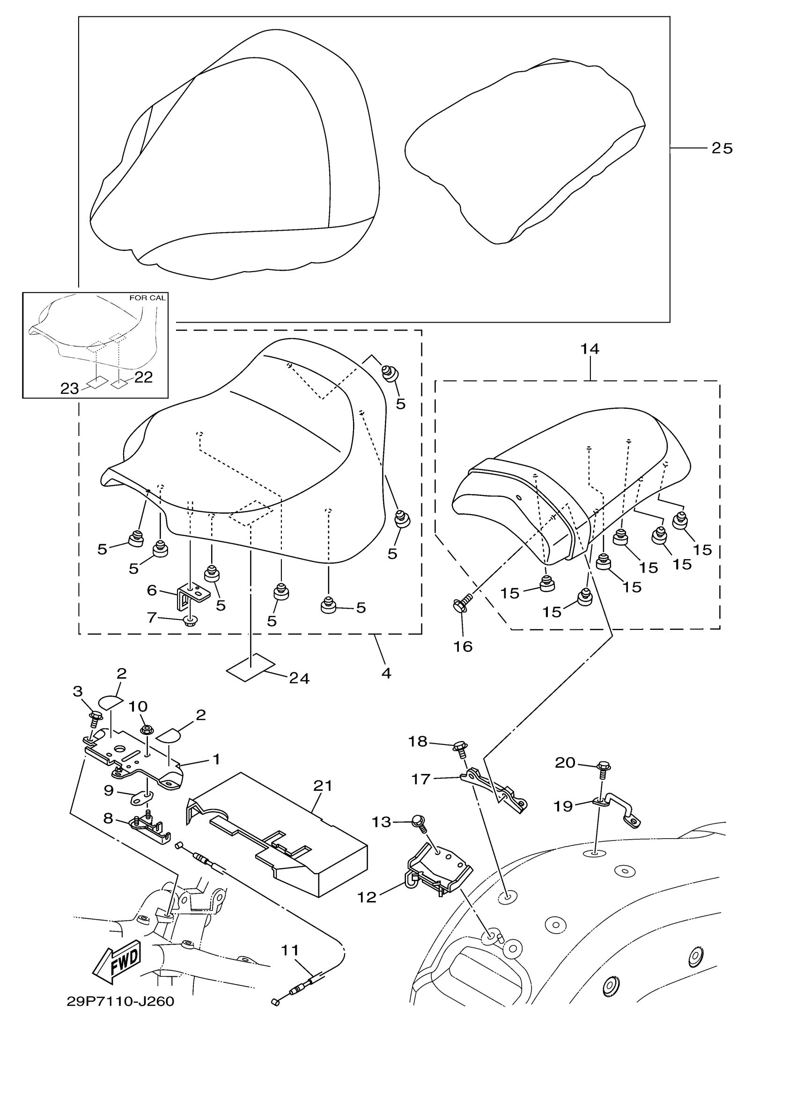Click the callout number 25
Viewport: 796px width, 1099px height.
tap(722, 148)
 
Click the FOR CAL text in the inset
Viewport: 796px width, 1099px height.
tap(147, 297)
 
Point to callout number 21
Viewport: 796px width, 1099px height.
tap(323, 785)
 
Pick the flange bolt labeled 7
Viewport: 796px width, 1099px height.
tap(189, 621)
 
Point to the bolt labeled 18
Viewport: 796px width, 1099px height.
tap(459, 749)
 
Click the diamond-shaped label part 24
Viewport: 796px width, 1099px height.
tap(250, 667)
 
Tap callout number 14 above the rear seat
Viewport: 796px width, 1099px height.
tap(590, 349)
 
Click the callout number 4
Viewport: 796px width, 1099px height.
tap(386, 673)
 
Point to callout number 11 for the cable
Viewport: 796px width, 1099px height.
tap(290, 951)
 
